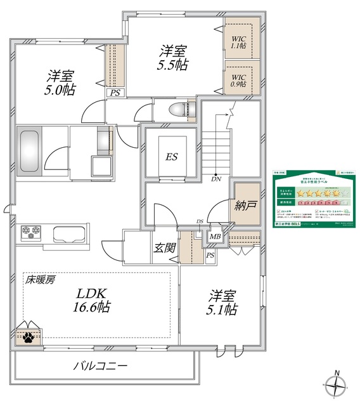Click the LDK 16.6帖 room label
(94, 300)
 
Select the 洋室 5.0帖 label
(60, 83)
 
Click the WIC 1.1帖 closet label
(238, 41)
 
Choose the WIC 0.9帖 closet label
(238, 80)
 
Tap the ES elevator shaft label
(171, 157)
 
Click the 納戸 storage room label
(246, 206)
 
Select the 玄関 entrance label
(164, 249)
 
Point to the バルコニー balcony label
(101, 366)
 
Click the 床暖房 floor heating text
(39, 280)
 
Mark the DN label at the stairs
(215, 180)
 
